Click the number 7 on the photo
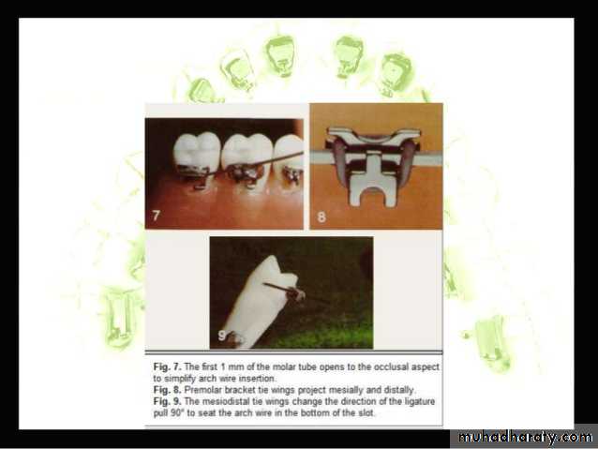coord(156,216)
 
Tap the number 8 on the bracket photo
coord(321,217)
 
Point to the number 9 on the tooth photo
coord(221,336)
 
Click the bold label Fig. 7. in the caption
coord(168,367)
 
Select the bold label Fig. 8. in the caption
coord(168,390)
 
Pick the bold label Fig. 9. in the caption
coord(168,401)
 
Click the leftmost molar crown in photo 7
coord(197,151)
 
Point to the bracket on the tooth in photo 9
coord(296,293)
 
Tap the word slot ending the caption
coord(366,413)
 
